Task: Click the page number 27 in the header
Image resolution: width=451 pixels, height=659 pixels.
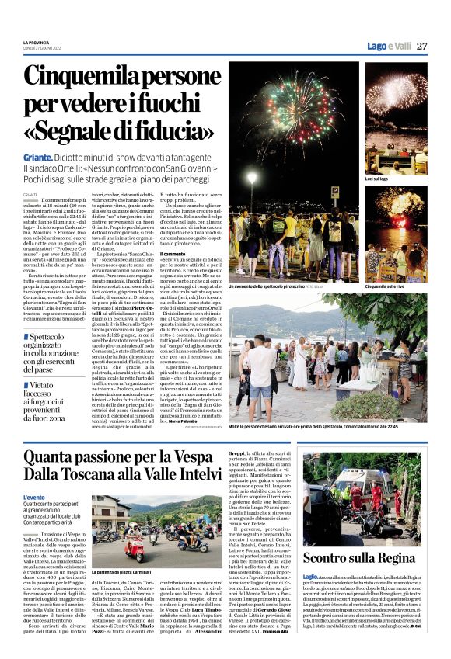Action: coord(422,46)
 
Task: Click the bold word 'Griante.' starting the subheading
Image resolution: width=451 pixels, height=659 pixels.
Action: coord(39,157)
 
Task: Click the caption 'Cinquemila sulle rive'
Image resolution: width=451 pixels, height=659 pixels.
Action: coord(386,286)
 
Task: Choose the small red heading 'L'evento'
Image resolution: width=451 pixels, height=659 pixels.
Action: coord(34,498)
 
